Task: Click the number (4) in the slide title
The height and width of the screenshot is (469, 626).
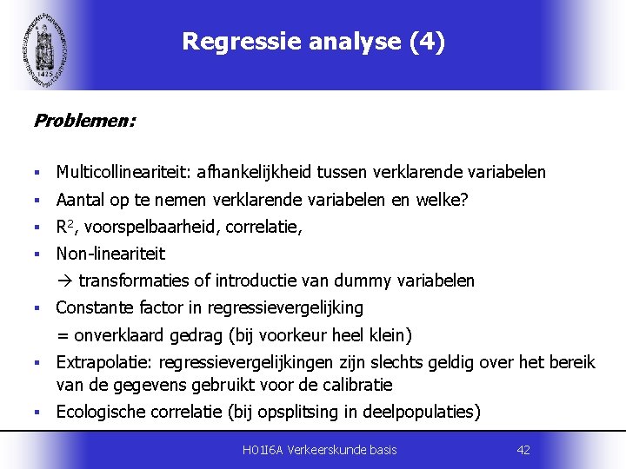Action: [x=426, y=43]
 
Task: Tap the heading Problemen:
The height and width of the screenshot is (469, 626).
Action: [x=84, y=121]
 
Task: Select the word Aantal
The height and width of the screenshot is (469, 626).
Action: [x=79, y=201]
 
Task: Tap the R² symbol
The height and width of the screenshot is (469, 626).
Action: [x=63, y=228]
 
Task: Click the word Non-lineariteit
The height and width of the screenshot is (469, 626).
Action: [x=110, y=254]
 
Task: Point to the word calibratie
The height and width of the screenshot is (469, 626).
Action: [x=358, y=385]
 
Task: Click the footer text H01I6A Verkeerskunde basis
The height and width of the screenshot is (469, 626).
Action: [x=319, y=450]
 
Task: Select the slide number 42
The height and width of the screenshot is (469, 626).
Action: [x=523, y=450]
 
